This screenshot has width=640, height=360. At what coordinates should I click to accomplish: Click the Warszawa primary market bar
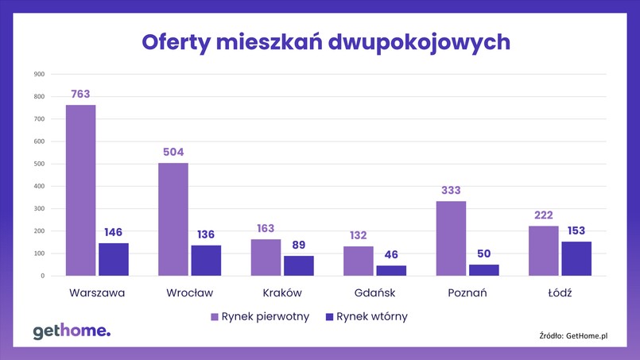tap(80, 191)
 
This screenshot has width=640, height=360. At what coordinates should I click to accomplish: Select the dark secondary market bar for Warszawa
tap(114, 260)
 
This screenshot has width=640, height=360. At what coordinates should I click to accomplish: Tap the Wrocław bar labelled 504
tap(173, 219)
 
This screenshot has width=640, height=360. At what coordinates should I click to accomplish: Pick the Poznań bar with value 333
tap(451, 238)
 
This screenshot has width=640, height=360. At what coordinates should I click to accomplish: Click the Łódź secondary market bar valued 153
tap(576, 259)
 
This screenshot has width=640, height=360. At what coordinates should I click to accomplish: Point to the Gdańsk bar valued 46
tap(391, 271)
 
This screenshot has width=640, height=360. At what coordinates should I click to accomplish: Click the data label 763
tap(80, 94)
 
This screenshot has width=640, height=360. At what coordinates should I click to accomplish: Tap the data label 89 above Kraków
tap(299, 245)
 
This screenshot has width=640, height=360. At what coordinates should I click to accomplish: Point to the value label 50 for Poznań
tap(484, 254)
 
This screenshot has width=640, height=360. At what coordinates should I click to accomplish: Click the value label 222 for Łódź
tap(544, 215)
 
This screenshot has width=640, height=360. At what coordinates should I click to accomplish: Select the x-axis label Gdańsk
tap(374, 293)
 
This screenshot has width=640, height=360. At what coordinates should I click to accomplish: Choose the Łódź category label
tap(560, 293)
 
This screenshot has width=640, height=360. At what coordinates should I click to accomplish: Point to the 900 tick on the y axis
tap(39, 75)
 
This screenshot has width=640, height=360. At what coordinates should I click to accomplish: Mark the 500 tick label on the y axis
tap(39, 165)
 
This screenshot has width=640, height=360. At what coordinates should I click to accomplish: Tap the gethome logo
tap(71, 331)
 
